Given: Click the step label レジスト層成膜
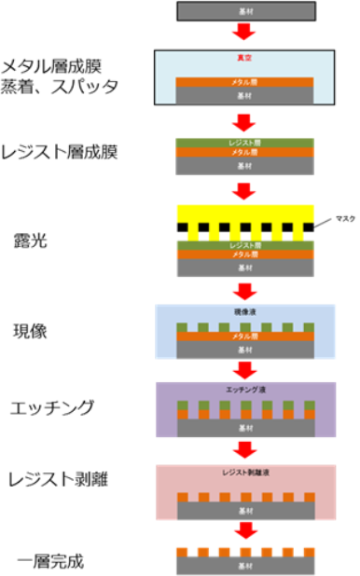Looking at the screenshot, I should click(x=68, y=153).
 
